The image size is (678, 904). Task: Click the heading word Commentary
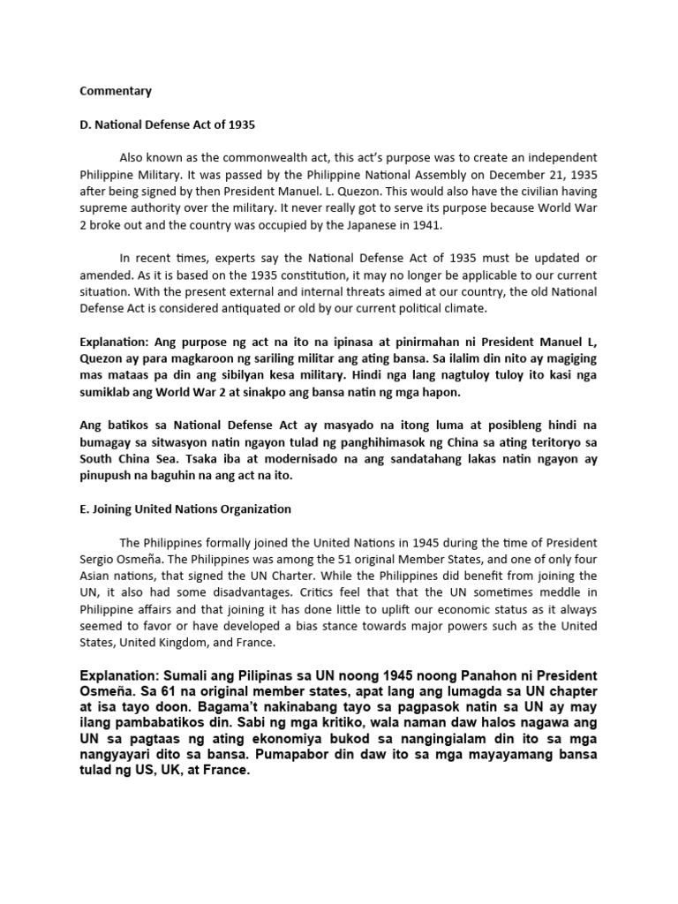pyautogui.click(x=116, y=91)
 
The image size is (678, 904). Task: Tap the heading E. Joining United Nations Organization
pyautogui.click(x=186, y=508)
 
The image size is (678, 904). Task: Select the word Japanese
pyautogui.click(x=361, y=225)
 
